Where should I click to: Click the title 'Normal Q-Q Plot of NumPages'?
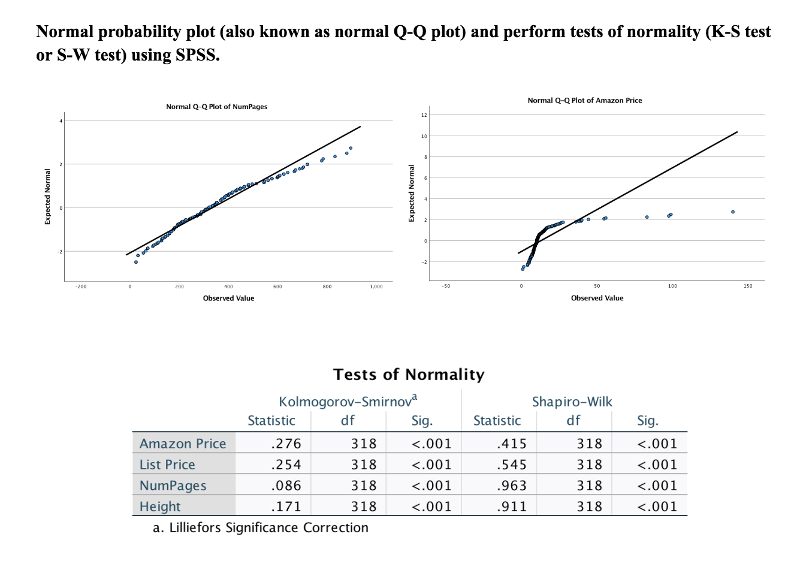pos(216,107)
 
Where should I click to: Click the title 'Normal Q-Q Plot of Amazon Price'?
pos(584,101)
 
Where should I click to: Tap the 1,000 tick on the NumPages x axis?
pos(376,286)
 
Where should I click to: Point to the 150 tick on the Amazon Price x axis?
pos(748,286)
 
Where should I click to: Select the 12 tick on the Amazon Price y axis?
pos(424,115)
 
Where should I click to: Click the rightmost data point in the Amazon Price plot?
pos(732,212)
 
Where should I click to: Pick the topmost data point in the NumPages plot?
pos(351,148)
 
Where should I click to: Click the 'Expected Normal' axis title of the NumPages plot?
pos(48,197)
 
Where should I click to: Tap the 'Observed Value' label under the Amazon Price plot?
pos(597,298)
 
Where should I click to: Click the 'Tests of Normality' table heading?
pos(409,375)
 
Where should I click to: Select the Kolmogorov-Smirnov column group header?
pos(348,401)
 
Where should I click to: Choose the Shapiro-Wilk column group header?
pos(572,402)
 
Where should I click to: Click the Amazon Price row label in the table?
pos(183,444)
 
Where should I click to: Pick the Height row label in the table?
pos(160,506)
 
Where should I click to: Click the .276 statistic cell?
pos(286,444)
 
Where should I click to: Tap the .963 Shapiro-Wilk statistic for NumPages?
pos(511,485)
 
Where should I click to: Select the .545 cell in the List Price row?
pos(511,465)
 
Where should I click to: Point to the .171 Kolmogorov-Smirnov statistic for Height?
pos(286,506)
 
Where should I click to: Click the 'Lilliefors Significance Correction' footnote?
pos(268,527)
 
